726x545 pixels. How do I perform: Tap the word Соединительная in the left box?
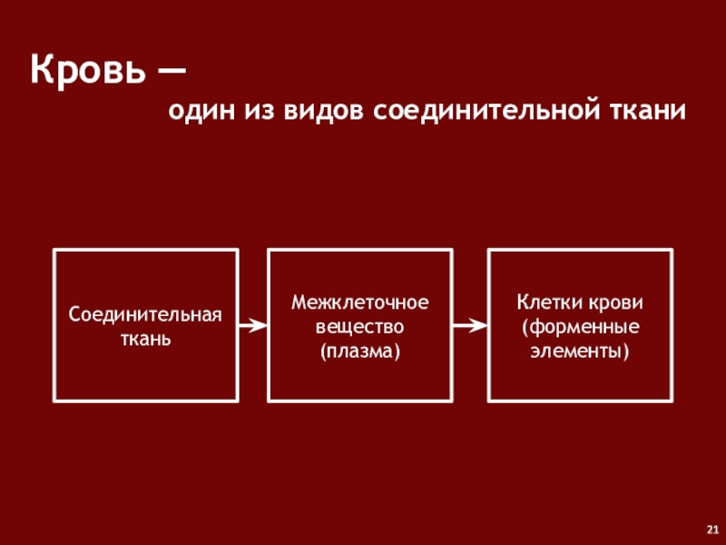[146, 314]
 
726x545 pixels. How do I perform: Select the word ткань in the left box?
[146, 338]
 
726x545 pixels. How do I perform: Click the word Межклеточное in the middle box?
[359, 301]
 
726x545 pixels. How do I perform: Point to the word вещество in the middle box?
[359, 325]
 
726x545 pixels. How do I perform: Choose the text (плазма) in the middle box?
[359, 350]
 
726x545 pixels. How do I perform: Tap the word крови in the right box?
[613, 301]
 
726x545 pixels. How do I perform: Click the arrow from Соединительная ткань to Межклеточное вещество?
[252, 324]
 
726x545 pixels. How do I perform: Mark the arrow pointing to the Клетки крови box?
[470, 324]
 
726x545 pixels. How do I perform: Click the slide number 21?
[711, 530]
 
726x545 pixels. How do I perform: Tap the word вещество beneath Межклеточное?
[359, 325]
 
